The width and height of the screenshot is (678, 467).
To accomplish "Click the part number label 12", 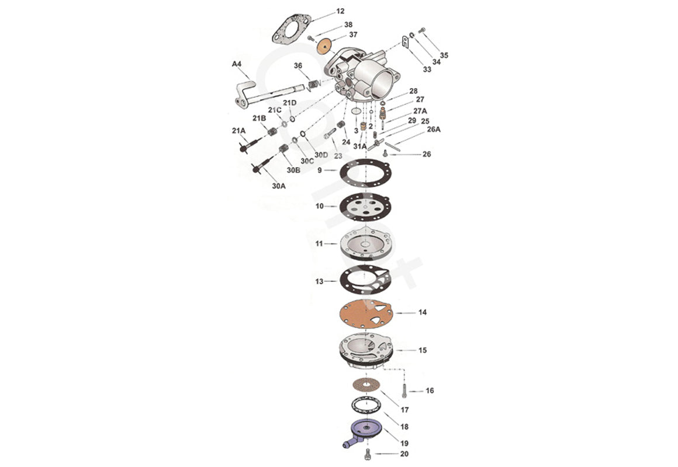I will click(x=340, y=11).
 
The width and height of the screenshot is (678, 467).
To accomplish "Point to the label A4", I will click(x=237, y=64).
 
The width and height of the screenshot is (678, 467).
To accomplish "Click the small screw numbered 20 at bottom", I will click(x=367, y=454).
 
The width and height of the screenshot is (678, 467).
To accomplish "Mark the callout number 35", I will click(x=444, y=55).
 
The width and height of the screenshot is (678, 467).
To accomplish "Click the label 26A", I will click(x=433, y=129).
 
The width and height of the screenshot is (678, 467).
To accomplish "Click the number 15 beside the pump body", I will click(x=422, y=351).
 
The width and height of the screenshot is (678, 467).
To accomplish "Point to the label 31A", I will click(x=359, y=146).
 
